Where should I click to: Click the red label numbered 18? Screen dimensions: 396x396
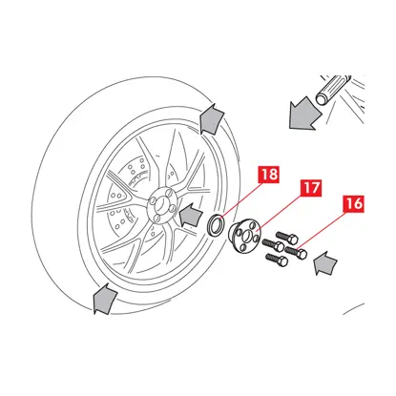click(269, 175)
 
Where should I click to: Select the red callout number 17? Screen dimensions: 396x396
click(311, 188)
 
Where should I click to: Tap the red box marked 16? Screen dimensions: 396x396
click(353, 203)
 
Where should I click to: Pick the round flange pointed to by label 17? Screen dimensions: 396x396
click(244, 237)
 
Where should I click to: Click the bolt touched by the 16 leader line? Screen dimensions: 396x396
click(296, 252)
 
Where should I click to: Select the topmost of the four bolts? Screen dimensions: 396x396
click(287, 238)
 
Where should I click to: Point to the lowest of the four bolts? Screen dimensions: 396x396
click(277, 261)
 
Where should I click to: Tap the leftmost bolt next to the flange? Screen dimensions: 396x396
click(273, 245)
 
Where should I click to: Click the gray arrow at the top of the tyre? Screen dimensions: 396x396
click(211, 118)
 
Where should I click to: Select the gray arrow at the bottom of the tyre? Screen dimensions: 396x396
click(104, 299)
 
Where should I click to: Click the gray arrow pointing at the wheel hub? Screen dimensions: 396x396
click(191, 215)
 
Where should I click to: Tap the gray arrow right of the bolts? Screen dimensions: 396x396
click(325, 263)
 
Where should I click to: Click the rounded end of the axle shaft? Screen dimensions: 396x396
click(323, 98)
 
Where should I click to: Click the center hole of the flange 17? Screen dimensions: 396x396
click(246, 237)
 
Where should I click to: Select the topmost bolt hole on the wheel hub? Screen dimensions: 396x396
click(171, 194)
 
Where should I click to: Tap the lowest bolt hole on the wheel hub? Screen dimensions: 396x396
click(156, 218)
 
